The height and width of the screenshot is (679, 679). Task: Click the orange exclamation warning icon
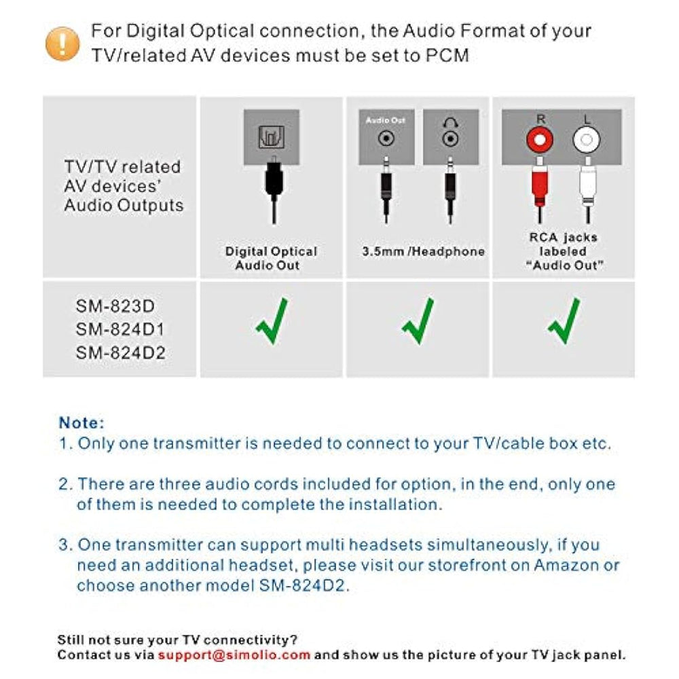pyautogui.click(x=62, y=43)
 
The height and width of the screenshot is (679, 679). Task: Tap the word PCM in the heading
pyautogui.click(x=446, y=56)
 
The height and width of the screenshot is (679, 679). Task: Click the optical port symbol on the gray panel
pyautogui.click(x=271, y=139)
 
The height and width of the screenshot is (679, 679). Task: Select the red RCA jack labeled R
pyautogui.click(x=540, y=141)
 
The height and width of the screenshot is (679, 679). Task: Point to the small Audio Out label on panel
pyautogui.click(x=385, y=120)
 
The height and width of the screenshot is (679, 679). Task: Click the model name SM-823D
pyautogui.click(x=115, y=306)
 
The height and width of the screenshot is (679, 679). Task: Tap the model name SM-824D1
pyautogui.click(x=120, y=329)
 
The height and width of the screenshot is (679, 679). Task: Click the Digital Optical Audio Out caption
pyautogui.click(x=271, y=258)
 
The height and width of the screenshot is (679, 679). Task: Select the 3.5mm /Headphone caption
pyautogui.click(x=423, y=252)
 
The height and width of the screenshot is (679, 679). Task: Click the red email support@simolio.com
pyautogui.click(x=234, y=655)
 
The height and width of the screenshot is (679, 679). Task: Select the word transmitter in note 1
pyautogui.click(x=196, y=444)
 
